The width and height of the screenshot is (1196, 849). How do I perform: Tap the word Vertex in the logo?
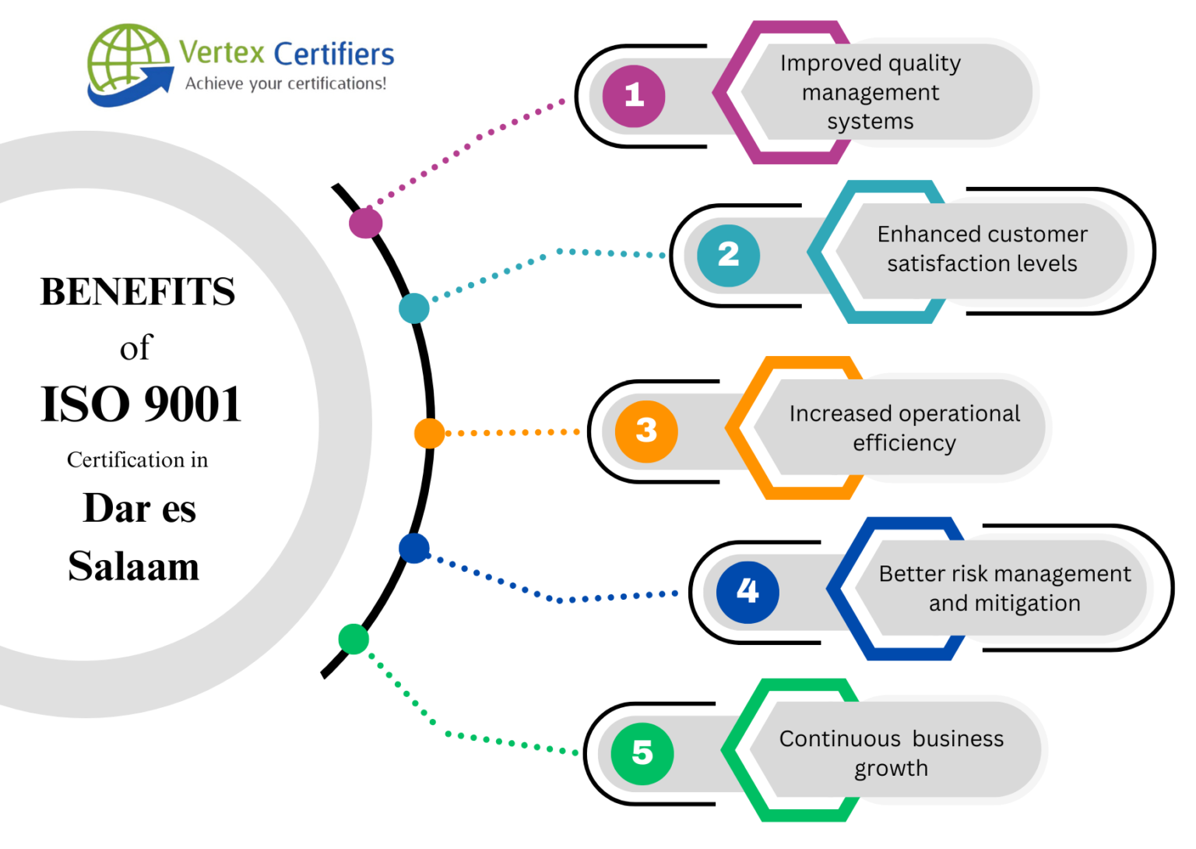pos(222,53)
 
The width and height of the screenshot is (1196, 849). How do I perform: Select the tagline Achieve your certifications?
pos(285,83)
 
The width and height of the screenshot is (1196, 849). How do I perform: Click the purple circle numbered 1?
pos(634,96)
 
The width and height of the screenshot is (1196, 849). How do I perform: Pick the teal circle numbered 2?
pos(728,255)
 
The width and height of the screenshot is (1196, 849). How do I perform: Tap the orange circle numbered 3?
pos(646,431)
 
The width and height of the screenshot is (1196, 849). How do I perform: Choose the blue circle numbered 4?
pos(747,592)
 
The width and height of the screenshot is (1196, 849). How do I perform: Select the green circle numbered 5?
pos(642,752)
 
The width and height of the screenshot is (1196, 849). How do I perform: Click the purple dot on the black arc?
pos(365,223)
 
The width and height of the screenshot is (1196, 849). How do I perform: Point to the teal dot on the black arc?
pos(413,308)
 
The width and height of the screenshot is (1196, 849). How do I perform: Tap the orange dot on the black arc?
pos(429,433)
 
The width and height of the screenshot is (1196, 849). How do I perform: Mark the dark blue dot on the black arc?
pos(413,548)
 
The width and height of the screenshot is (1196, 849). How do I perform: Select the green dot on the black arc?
pos(354,639)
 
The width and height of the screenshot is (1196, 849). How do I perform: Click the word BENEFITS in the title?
pos(138,292)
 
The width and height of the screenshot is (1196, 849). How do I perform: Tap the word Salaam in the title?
pos(134,566)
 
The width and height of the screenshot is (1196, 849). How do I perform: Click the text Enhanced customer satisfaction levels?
pos(982,248)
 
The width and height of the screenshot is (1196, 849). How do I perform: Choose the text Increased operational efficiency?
pos(904,428)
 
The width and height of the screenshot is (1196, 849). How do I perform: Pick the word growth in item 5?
pos(891,769)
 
